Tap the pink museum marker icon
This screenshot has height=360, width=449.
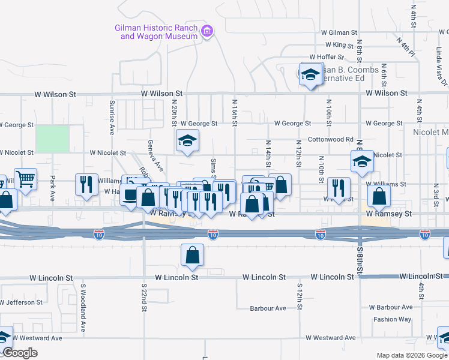(x=207, y=31)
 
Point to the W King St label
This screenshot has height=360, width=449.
(x=340, y=45)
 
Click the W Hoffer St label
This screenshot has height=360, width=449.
(x=325, y=58)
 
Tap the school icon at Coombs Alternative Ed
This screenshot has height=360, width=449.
(x=310, y=74)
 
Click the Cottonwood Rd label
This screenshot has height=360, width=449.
(x=330, y=139)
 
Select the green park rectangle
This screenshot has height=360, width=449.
(x=52, y=139)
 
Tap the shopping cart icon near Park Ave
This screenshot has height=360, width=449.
(x=25, y=178)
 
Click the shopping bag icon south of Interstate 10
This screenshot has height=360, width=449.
(x=191, y=255)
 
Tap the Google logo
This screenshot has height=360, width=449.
(x=20, y=353)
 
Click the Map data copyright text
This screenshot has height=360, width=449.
(x=412, y=355)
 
